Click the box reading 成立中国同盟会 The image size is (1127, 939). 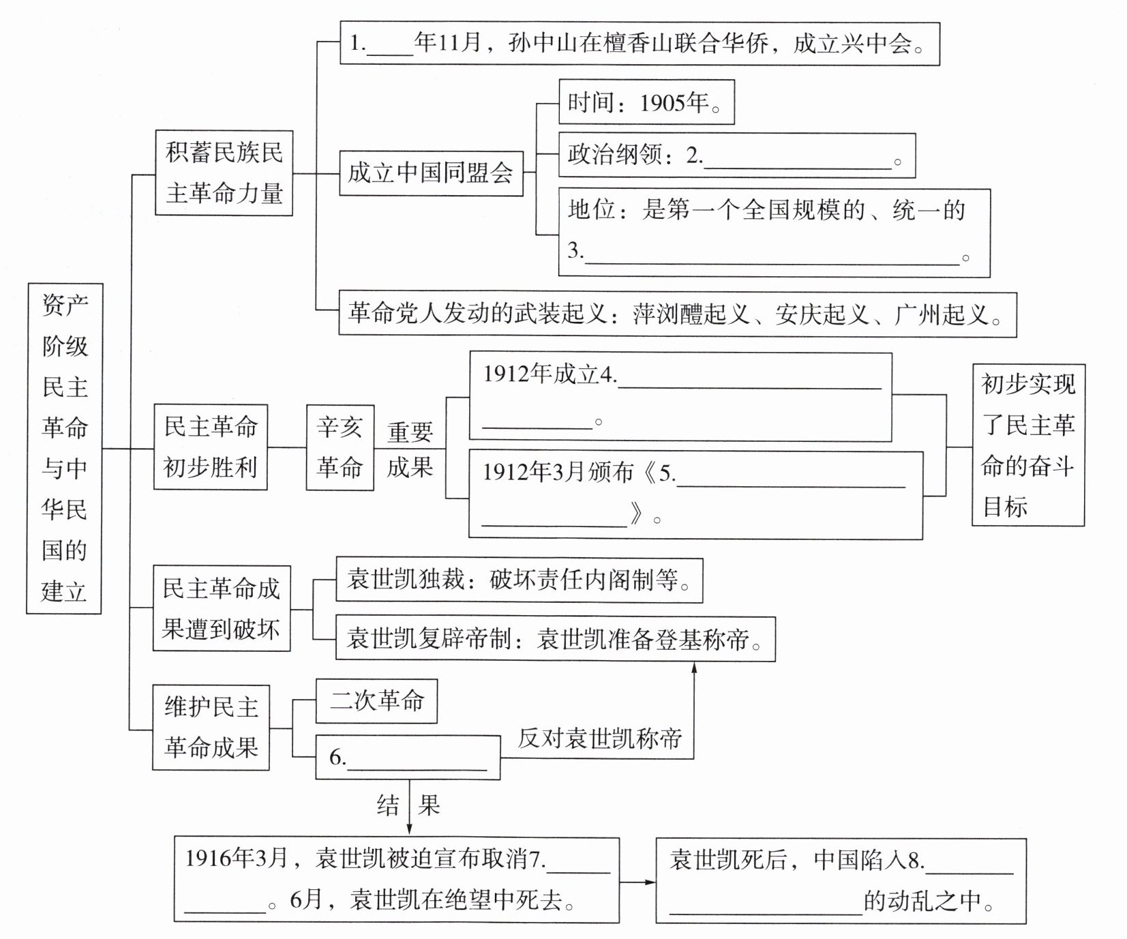coord(431,173)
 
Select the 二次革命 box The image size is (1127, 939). coord(376,701)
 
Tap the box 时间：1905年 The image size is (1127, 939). coord(646,103)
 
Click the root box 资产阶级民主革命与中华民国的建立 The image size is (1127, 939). coord(64,448)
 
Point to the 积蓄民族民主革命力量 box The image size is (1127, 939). coord(224,173)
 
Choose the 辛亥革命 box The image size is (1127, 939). coord(340,447)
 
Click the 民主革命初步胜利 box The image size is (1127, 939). coord(211,447)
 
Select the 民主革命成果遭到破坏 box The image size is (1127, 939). coord(221,608)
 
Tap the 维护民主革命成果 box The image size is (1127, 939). coord(211,728)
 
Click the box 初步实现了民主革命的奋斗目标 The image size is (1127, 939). coord(1027,445)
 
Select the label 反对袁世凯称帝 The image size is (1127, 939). coord(599,738)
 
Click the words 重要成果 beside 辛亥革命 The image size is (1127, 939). coord(410,449)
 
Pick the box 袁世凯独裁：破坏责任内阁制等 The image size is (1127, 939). coord(519,580)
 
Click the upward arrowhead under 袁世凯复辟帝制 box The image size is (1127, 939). coord(694,668)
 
